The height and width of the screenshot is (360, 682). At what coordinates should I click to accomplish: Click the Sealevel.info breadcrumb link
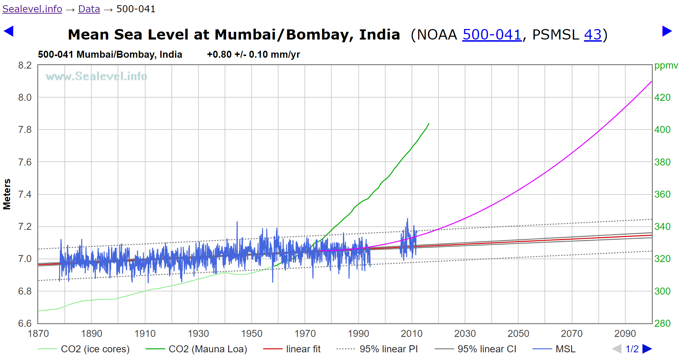point(32,9)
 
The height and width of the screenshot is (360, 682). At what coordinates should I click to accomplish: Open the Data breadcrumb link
point(89,9)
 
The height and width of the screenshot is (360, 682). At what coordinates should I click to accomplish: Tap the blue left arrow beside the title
point(8,31)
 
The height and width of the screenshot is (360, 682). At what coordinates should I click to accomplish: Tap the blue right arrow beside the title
point(667,31)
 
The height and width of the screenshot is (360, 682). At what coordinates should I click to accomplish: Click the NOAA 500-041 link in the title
point(492,35)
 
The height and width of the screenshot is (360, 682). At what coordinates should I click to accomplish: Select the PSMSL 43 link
point(592,35)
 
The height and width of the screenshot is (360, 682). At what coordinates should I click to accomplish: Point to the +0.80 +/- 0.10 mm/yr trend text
point(253,55)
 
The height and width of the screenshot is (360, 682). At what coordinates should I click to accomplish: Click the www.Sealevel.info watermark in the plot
point(96,76)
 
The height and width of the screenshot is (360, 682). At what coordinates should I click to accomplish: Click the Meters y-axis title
point(7,194)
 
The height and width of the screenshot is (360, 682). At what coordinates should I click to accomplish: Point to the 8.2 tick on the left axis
point(25,65)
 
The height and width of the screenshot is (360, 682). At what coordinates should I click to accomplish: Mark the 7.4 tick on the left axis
point(25,195)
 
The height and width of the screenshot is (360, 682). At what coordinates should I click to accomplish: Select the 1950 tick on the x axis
point(252,333)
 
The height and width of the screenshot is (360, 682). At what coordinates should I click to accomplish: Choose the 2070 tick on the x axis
point(572,333)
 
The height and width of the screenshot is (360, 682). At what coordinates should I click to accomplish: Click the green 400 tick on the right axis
point(662,130)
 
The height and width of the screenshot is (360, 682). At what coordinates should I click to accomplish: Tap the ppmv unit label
point(666,65)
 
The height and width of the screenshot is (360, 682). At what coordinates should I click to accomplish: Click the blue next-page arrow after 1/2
point(647,349)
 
